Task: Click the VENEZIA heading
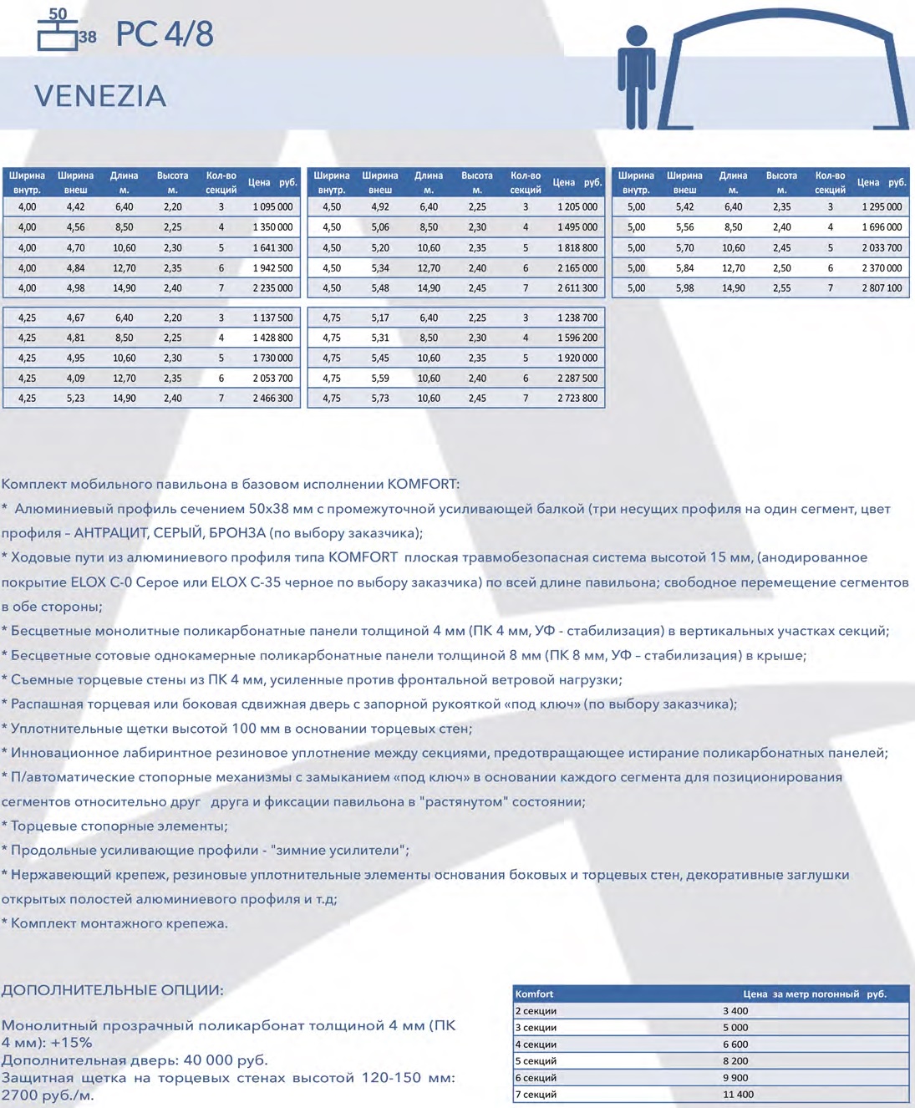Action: click(x=100, y=96)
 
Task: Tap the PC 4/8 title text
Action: click(x=165, y=34)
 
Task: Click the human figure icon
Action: click(x=636, y=77)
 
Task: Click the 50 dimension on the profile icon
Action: click(x=58, y=13)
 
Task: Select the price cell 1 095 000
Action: click(x=272, y=207)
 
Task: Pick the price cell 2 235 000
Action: click(x=272, y=288)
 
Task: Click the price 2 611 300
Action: click(x=577, y=288)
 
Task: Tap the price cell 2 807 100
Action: click(x=882, y=288)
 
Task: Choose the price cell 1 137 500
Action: click(x=272, y=318)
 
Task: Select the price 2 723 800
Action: click(x=577, y=399)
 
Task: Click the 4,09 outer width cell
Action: click(x=75, y=379)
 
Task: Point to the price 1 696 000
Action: click(x=882, y=227)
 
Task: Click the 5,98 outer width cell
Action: click(x=684, y=288)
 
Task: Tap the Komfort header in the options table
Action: click(x=534, y=994)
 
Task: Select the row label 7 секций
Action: click(x=536, y=1095)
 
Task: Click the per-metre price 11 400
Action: click(x=738, y=1095)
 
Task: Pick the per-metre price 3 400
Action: click(x=735, y=1011)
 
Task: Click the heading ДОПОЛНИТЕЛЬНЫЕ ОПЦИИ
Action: click(x=112, y=990)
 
